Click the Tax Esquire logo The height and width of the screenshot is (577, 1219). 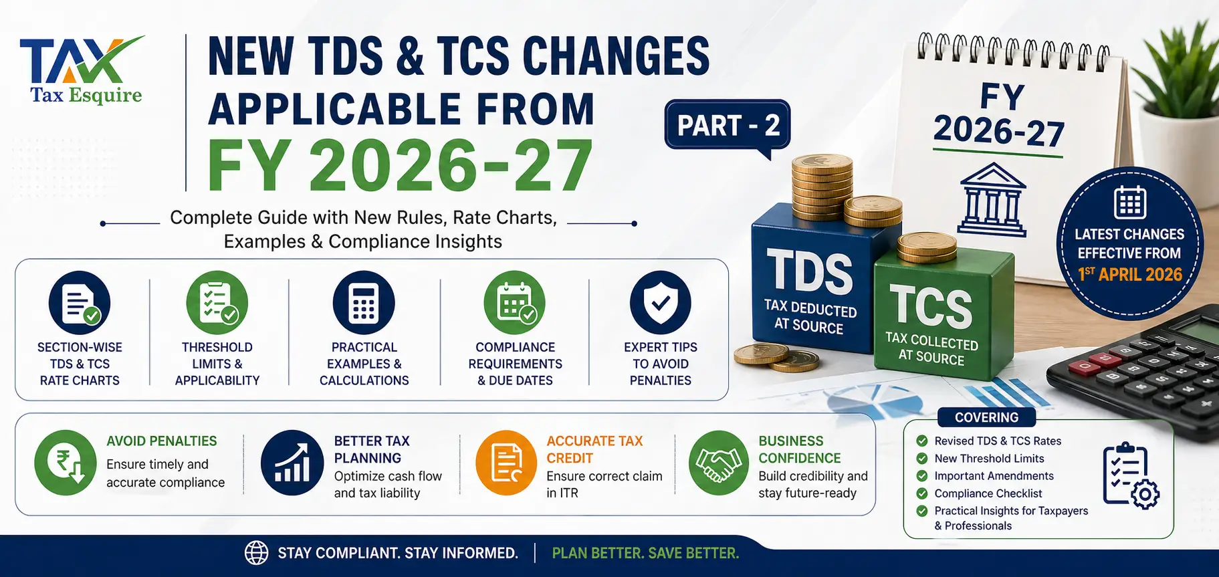[x=82, y=71]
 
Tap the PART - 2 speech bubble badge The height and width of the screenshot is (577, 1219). [x=728, y=125]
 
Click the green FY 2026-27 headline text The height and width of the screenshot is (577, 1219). [x=400, y=165]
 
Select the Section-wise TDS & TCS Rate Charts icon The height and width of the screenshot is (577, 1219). [x=80, y=303]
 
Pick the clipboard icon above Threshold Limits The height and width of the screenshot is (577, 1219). [x=217, y=303]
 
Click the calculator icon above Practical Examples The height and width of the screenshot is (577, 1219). [x=364, y=303]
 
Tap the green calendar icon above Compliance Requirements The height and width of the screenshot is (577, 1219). [x=515, y=303]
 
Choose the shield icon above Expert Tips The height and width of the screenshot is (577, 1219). [x=661, y=303]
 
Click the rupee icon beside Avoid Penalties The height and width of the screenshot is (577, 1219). [x=66, y=463]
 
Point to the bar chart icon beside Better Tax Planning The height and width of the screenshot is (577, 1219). [x=292, y=463]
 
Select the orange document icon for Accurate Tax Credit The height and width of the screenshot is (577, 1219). [x=506, y=463]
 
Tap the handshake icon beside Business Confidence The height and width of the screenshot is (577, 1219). [x=719, y=463]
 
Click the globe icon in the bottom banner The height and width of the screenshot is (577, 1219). [x=256, y=553]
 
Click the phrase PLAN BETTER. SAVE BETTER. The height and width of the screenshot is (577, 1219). [x=645, y=553]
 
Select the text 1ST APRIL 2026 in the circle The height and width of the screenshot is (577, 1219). [x=1130, y=274]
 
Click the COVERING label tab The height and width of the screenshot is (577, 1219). [x=986, y=417]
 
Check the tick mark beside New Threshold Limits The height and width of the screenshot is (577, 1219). [x=922, y=459]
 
